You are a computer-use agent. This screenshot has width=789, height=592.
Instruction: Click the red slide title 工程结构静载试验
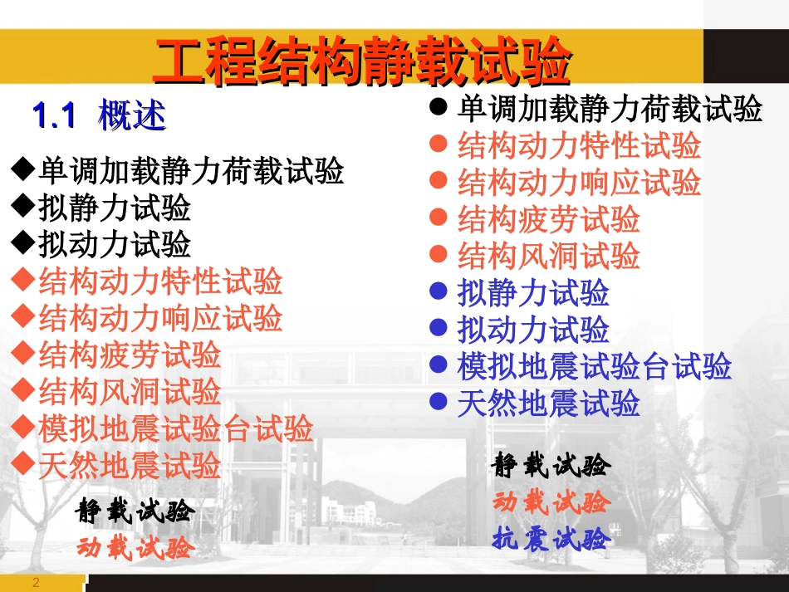(x=363, y=61)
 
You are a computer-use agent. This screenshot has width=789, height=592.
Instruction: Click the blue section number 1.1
(x=54, y=115)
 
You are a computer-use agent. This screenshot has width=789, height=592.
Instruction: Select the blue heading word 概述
(x=132, y=115)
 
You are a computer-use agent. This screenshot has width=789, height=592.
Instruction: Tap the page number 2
(x=36, y=583)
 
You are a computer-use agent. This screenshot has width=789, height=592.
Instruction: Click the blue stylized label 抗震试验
(x=551, y=539)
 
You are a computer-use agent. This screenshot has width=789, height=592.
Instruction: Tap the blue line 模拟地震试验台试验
(x=594, y=366)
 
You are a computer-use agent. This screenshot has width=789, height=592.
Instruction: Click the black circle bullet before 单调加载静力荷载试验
(x=439, y=108)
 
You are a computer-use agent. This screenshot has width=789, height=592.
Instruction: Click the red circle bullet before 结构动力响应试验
(x=439, y=182)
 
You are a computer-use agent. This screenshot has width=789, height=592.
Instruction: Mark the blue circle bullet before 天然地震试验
(x=439, y=404)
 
